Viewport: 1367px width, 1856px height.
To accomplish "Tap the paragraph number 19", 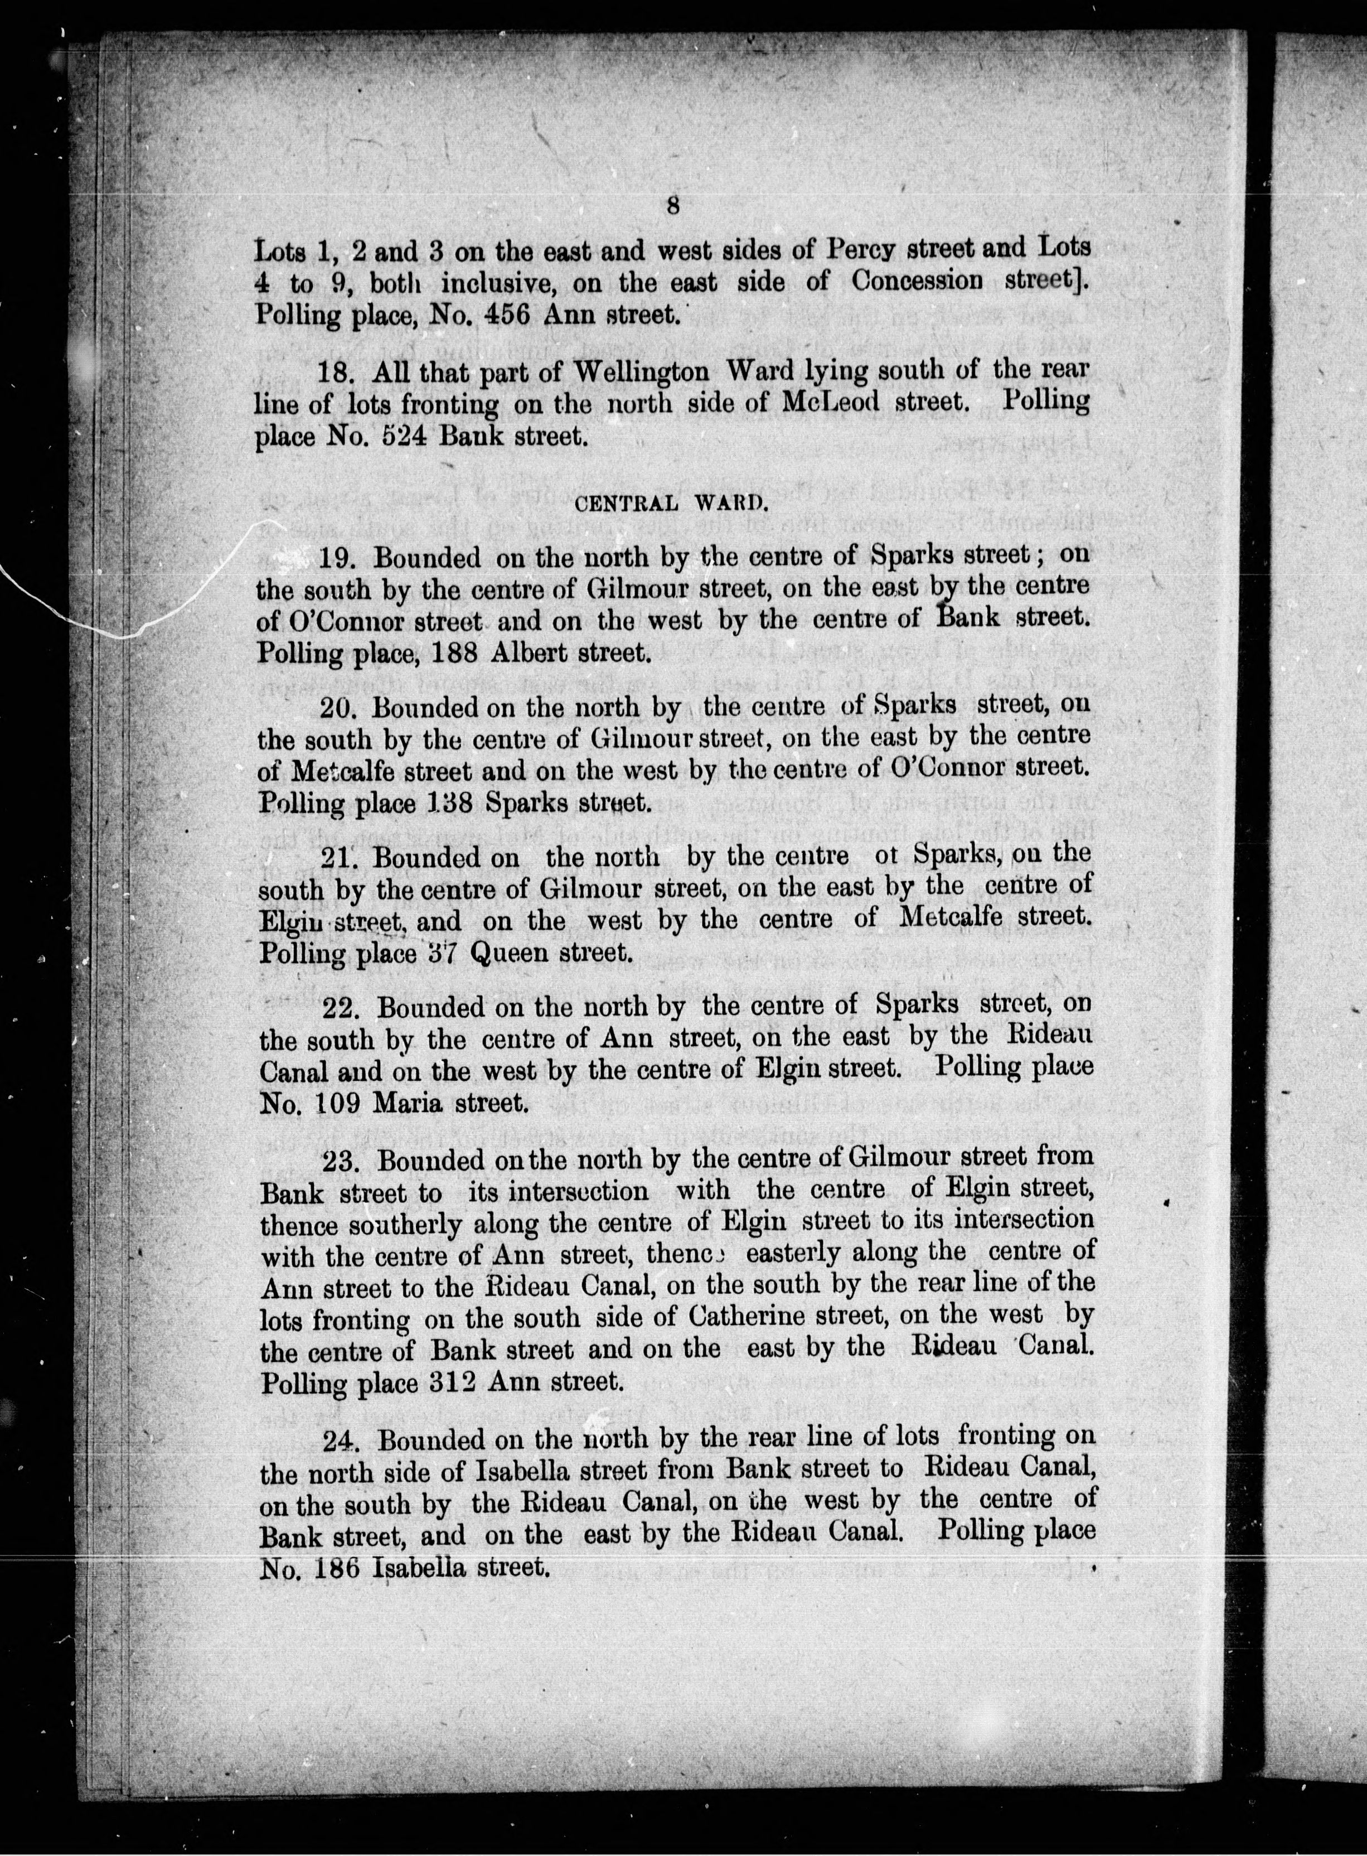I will tap(338, 558).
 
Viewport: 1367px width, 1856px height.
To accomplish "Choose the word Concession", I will tap(917, 282).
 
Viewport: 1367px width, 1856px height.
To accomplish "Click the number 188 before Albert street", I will tap(453, 653).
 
